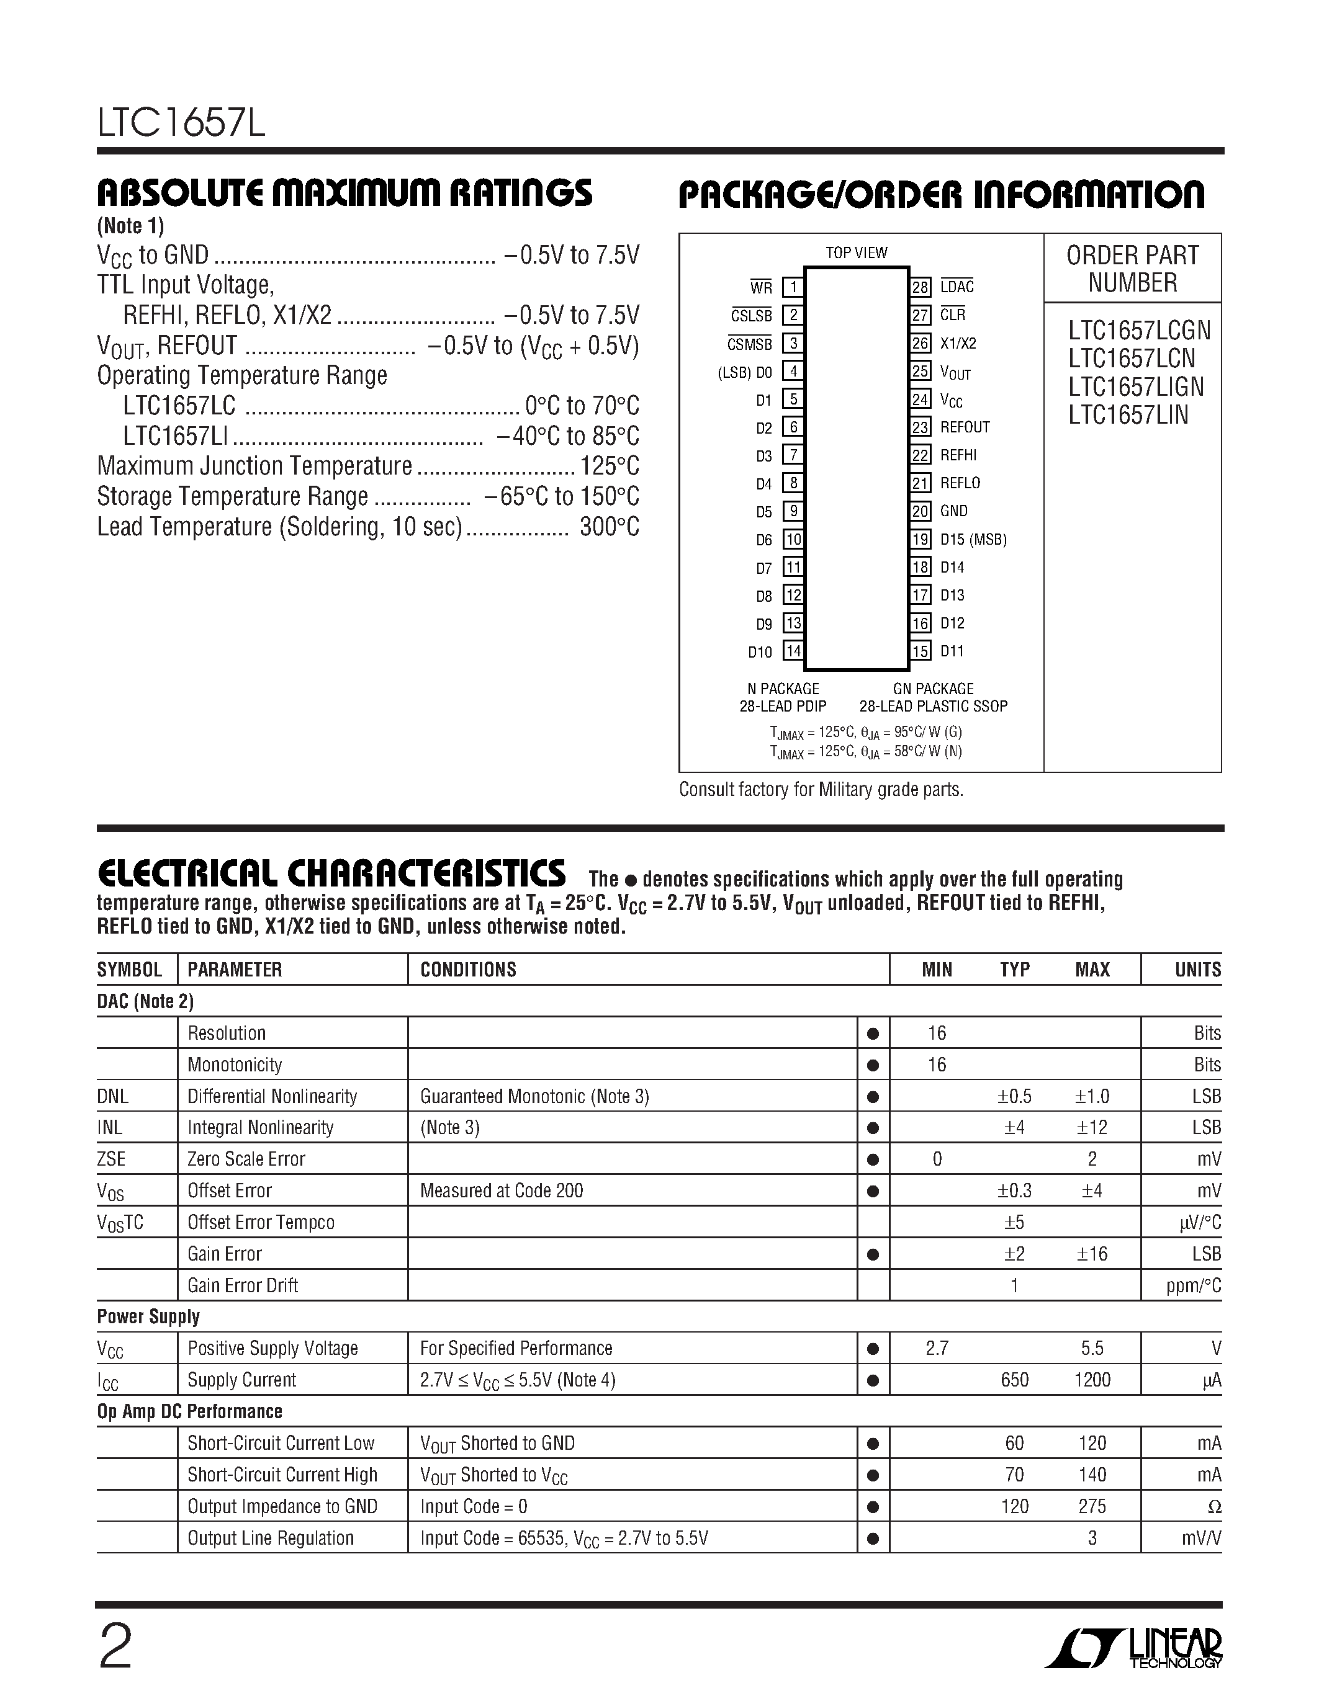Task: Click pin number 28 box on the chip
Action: click(921, 287)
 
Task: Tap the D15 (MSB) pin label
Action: click(973, 540)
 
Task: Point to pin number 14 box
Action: click(793, 651)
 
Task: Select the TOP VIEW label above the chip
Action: click(857, 253)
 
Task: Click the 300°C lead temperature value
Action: click(610, 528)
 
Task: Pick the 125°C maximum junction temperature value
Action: click(610, 467)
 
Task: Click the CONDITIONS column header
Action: click(468, 970)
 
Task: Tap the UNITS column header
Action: click(1197, 970)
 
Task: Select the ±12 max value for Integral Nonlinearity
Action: click(1092, 1128)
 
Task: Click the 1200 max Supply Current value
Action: click(1092, 1380)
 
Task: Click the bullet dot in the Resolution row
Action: click(873, 1034)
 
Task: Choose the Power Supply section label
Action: click(148, 1317)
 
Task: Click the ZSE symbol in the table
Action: click(111, 1159)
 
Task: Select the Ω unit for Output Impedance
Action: click(1213, 1507)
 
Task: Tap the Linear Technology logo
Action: click(1138, 1648)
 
